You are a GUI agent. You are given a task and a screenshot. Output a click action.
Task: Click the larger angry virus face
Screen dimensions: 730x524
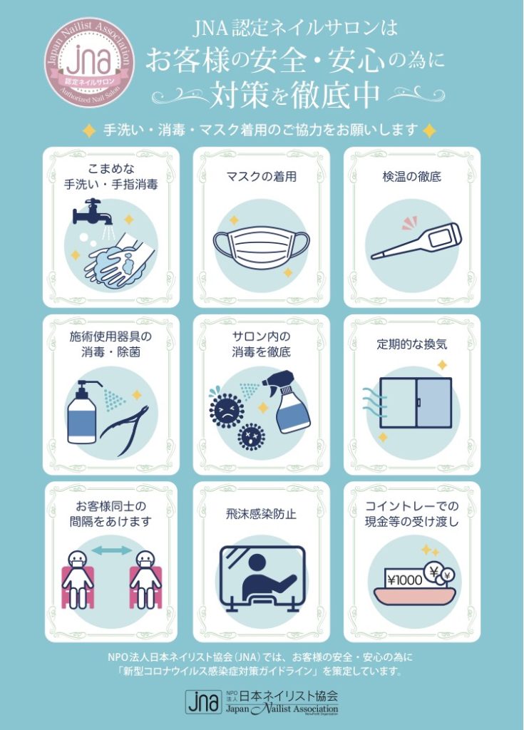[226, 408]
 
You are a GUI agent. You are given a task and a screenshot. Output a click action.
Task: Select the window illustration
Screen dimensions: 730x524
[415, 403]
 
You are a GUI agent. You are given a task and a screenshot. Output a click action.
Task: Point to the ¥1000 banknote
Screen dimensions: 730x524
[404, 580]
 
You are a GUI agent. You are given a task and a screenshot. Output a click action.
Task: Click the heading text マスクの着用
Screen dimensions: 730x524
[262, 176]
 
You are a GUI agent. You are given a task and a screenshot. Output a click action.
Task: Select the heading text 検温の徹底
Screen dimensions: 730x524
[412, 176]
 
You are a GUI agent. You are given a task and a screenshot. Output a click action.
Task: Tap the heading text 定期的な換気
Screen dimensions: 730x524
[412, 345]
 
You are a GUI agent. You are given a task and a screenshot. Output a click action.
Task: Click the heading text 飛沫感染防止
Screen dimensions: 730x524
[262, 513]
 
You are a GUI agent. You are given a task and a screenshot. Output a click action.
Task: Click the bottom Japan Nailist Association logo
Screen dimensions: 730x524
[262, 701]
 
